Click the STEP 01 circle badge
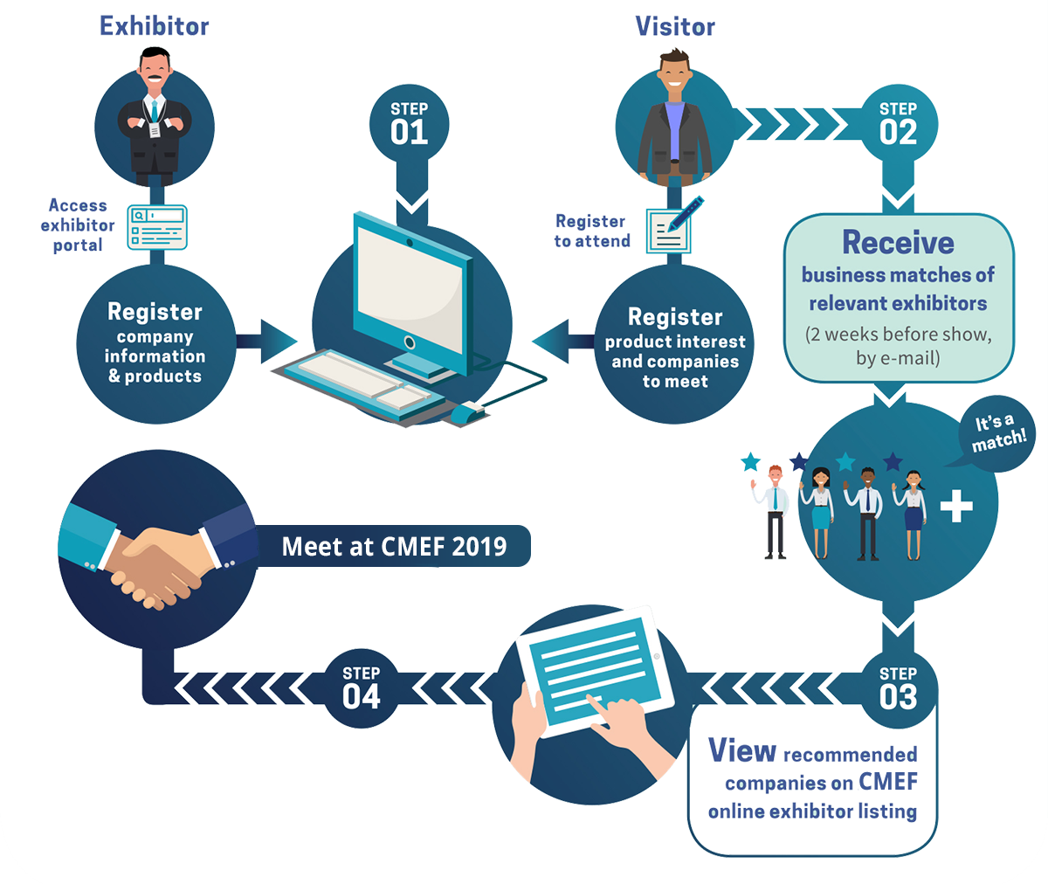(409, 125)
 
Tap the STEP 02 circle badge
(898, 125)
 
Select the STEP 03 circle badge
(898, 689)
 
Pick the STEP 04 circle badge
(361, 689)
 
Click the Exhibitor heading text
(155, 26)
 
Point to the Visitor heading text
(675, 26)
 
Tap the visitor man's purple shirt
(673, 129)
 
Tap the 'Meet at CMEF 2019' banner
(394, 547)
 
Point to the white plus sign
(956, 506)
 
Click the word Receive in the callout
(898, 242)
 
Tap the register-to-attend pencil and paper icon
(671, 226)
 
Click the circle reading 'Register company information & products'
(155, 343)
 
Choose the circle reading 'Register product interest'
(675, 347)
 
